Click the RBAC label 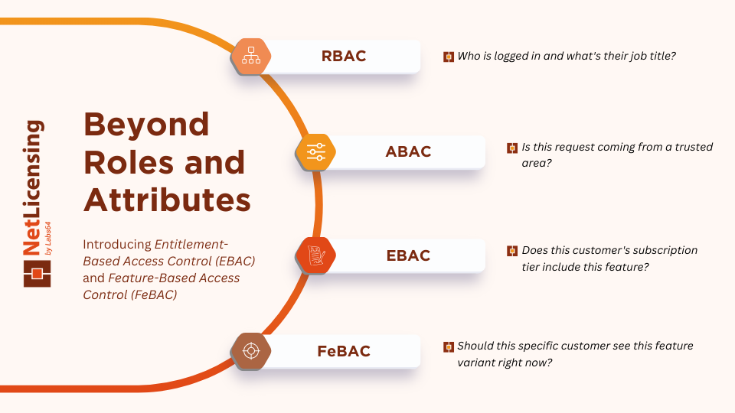point(343,56)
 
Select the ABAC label point(408,151)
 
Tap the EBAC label point(408,255)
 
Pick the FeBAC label point(344,351)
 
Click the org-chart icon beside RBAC point(251,56)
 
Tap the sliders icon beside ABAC point(315,151)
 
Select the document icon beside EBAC point(315,255)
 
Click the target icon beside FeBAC point(250,351)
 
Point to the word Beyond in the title point(146,125)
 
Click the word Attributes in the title point(167,200)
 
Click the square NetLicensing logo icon point(37,274)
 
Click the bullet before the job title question point(449,57)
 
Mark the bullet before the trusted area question point(513,148)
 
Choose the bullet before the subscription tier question point(513,251)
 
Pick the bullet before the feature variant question point(449,346)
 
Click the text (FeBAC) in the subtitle point(154,294)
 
